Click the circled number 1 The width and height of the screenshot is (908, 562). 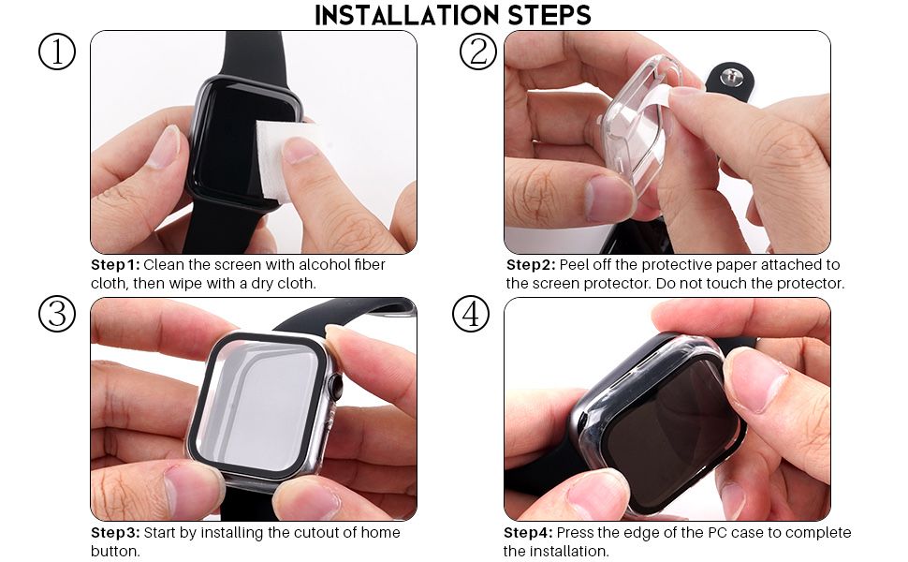[56, 52]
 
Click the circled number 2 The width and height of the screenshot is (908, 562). [477, 52]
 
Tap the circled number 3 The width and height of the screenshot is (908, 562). [56, 315]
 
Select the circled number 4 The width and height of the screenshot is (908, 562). [471, 315]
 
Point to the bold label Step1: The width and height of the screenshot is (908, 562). [114, 265]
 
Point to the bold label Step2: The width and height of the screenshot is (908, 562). [530, 265]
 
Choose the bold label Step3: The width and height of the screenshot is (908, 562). [115, 533]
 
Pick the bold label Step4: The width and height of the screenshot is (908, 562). [529, 533]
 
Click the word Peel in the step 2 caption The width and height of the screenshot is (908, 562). [575, 265]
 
